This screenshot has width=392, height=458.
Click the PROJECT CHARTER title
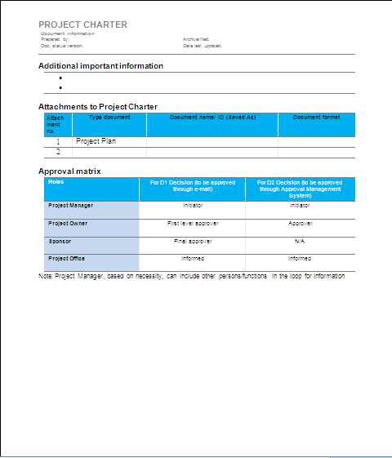82,24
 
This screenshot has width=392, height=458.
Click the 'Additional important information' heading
100,65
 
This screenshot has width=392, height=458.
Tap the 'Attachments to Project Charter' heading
98,107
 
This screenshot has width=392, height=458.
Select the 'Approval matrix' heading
69,171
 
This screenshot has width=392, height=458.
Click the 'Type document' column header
109,118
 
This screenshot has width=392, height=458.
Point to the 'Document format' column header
316,118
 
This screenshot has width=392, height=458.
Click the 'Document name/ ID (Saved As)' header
212,118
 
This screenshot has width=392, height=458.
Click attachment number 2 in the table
58,152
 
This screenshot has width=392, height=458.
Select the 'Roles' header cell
56,182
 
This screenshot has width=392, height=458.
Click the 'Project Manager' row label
70,205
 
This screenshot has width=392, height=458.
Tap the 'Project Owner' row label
68,223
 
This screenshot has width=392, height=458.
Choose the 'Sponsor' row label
59,241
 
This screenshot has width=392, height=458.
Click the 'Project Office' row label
67,259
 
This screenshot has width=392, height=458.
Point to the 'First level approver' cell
193,223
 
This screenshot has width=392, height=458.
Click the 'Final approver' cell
193,241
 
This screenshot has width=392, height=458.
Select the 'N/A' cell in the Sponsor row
300,242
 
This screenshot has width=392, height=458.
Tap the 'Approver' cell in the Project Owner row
300,223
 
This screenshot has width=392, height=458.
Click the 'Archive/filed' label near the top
196,39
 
